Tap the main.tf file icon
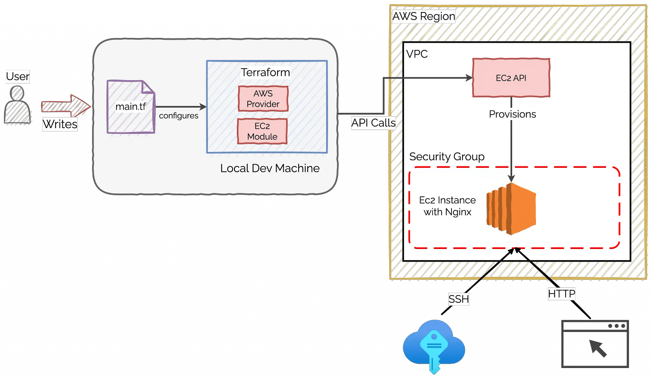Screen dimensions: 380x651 pyautogui.click(x=131, y=107)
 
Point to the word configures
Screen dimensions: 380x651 pyautogui.click(x=178, y=116)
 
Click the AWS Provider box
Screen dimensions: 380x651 pyautogui.click(x=263, y=98)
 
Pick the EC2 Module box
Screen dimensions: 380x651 pyautogui.click(x=262, y=131)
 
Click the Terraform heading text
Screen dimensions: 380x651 pyautogui.click(x=265, y=72)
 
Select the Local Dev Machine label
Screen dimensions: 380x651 pyautogui.click(x=269, y=168)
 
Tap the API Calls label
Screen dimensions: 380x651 pyautogui.click(x=373, y=123)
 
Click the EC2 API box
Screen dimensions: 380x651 pyautogui.click(x=511, y=77)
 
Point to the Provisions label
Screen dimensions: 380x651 pyautogui.click(x=512, y=114)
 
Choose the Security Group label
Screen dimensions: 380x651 pyautogui.click(x=446, y=157)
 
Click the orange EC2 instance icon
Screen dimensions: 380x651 pyautogui.click(x=511, y=209)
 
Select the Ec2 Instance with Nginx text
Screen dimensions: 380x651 pyautogui.click(x=447, y=206)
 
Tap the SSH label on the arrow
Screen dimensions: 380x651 pyautogui.click(x=459, y=299)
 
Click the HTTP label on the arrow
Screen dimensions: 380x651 pyautogui.click(x=561, y=294)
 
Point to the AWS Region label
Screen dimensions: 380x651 pyautogui.click(x=423, y=16)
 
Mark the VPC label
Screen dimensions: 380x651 pyautogui.click(x=417, y=54)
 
